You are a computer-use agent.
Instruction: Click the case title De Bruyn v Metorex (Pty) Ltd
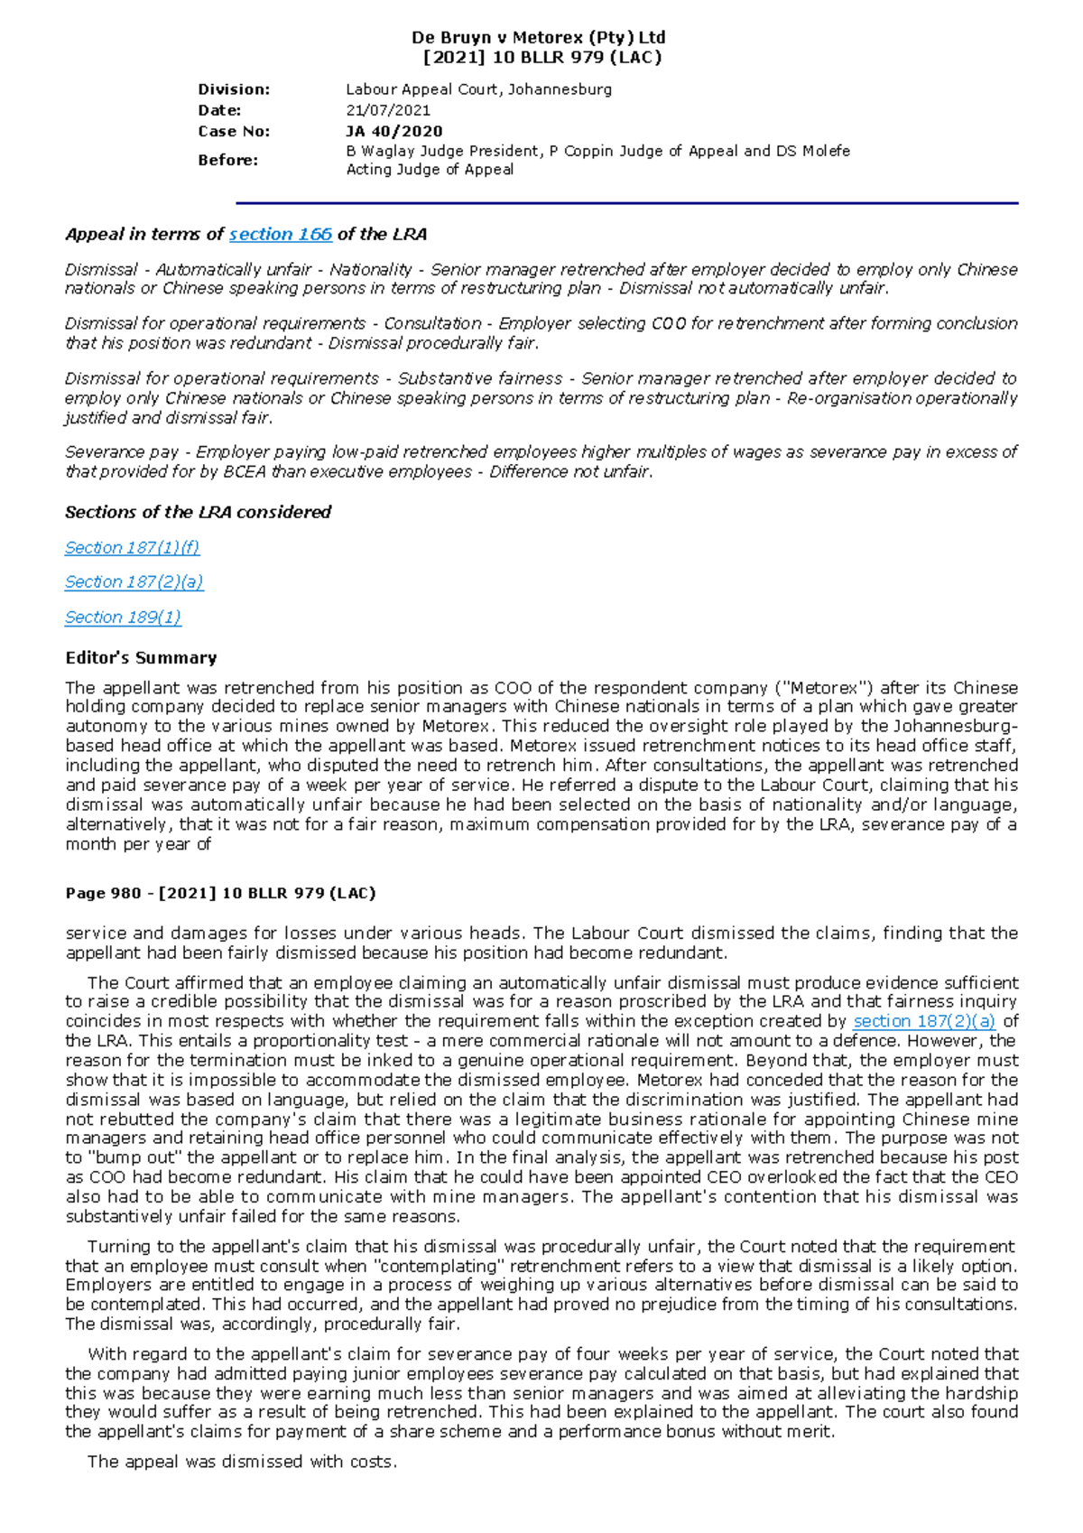point(538,38)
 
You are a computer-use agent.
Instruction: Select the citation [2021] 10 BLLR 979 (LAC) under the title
point(541,58)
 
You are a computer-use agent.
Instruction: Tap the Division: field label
point(234,89)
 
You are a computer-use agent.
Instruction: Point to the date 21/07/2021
point(388,110)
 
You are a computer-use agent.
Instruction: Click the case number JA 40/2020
point(394,131)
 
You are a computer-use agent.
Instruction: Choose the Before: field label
point(227,160)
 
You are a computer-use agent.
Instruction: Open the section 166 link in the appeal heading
point(281,235)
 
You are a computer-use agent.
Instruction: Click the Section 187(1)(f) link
point(132,548)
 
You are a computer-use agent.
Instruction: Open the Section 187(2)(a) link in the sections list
point(134,582)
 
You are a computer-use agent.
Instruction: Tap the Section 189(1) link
point(123,618)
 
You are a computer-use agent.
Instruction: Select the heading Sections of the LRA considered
point(198,513)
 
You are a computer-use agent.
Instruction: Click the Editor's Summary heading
point(141,658)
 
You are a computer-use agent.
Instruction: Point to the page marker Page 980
point(102,894)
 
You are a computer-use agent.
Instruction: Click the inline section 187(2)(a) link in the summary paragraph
point(924,1022)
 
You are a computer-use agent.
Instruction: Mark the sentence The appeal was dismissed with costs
point(242,1462)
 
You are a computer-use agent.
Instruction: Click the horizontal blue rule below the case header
point(626,204)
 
